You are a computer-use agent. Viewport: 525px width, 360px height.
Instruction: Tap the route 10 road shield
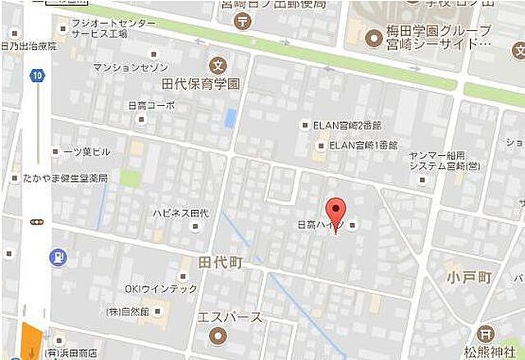click(x=37, y=76)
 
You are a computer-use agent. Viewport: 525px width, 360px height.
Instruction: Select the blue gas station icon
click(x=58, y=257)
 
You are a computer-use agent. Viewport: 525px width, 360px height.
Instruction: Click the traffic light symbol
click(x=36, y=221)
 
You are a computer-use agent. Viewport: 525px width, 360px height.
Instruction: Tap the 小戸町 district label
click(x=468, y=277)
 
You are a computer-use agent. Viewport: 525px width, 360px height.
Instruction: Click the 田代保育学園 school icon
click(x=217, y=65)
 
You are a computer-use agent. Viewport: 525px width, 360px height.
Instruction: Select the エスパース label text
click(x=230, y=317)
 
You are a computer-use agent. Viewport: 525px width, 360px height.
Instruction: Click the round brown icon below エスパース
click(x=217, y=335)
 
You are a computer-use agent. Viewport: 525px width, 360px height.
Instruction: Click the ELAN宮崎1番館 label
click(x=363, y=145)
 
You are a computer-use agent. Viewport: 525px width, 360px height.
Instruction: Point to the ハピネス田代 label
click(x=180, y=212)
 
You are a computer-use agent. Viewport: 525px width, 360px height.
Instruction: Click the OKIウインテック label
click(x=161, y=289)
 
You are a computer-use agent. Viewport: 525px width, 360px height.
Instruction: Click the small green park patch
click(x=130, y=178)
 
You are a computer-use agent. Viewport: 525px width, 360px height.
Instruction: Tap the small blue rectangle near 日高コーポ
click(x=231, y=118)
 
